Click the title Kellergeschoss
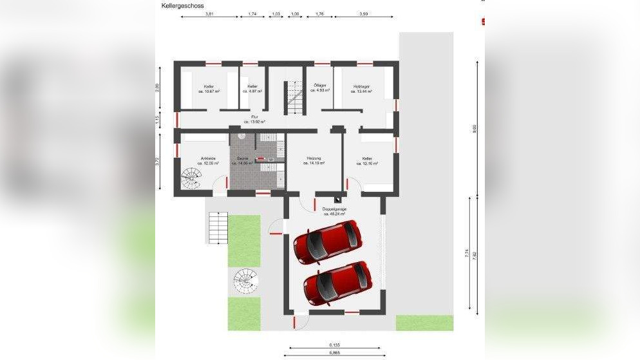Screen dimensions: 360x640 [183, 5]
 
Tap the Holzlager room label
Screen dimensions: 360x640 [361, 89]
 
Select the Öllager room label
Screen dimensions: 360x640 [319, 88]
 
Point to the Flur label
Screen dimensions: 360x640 [254, 119]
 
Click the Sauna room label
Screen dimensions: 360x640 [243, 160]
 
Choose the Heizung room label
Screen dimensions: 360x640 [314, 160]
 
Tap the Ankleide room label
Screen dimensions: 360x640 [208, 160]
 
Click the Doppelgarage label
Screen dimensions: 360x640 [335, 212]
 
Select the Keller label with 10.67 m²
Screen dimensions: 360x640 [209, 89]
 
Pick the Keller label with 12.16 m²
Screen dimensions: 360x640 [367, 160]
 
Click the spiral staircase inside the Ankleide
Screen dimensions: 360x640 [191, 177]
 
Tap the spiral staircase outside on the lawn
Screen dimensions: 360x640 [244, 278]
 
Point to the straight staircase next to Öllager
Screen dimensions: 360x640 [295, 98]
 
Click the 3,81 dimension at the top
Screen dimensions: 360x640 [209, 14]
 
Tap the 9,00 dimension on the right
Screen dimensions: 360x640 [475, 128]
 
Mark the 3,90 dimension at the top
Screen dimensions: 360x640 [363, 14]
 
